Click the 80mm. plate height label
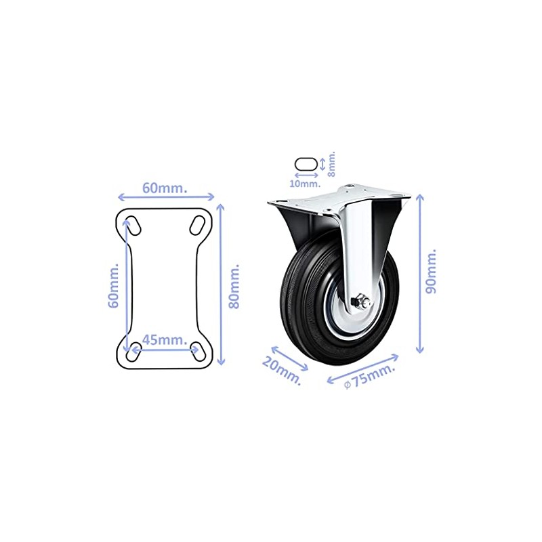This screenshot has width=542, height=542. tap(234, 287)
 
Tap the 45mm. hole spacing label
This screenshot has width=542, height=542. tap(165, 340)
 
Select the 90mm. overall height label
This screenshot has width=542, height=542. tap(431, 271)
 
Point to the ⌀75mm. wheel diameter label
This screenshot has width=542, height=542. tap(369, 377)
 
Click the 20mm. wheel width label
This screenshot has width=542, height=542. tap(282, 371)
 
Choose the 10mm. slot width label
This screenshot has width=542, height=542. tap(305, 184)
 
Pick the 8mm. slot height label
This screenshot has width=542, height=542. tap(331, 163)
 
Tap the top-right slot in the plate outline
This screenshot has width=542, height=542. tap(197, 225)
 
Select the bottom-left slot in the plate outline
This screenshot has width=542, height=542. tap(133, 352)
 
